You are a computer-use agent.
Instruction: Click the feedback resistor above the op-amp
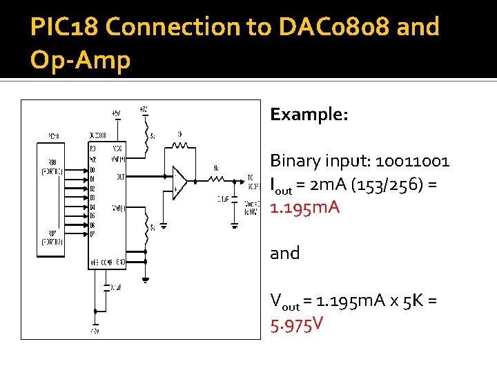pos(180,145)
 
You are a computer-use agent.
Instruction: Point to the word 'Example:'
pos(309,114)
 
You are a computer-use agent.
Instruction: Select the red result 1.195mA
pos(304,207)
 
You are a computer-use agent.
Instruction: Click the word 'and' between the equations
pos(284,254)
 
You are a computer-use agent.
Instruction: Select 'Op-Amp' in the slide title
pos(80,61)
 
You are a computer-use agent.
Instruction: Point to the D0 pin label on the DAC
pos(92,169)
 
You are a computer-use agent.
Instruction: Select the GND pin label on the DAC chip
pos(120,262)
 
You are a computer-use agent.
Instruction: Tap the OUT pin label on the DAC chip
pos(120,177)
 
